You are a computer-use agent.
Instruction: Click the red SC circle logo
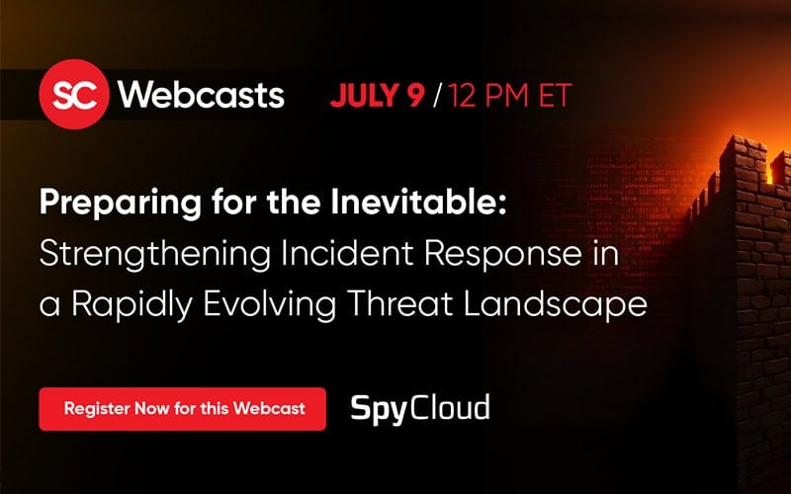click(x=73, y=94)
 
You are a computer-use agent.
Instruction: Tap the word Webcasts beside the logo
click(x=202, y=94)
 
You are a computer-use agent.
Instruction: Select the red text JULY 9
click(x=378, y=95)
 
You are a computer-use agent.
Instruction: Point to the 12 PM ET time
click(x=509, y=95)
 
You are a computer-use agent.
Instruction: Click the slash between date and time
click(x=437, y=95)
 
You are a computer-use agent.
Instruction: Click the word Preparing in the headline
click(x=121, y=204)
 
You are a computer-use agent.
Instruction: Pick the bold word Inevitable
click(x=418, y=202)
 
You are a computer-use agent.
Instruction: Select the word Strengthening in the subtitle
click(x=155, y=255)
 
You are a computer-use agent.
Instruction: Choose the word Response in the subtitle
click(x=502, y=255)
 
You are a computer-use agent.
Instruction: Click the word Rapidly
click(x=132, y=305)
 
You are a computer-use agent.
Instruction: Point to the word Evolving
click(x=270, y=305)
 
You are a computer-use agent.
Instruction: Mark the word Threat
click(x=399, y=303)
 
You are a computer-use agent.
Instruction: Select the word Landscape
click(x=555, y=305)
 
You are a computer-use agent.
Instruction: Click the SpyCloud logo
click(x=419, y=408)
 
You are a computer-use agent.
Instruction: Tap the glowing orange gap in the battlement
click(x=770, y=170)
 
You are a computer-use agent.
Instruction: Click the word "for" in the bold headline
click(x=234, y=202)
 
